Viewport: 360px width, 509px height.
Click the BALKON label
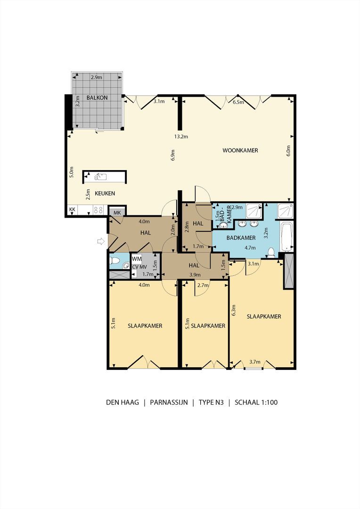point(97,98)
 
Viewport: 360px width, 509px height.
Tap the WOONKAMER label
point(240,150)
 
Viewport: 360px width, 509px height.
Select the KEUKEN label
point(105,193)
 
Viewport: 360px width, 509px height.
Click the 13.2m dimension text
point(181,137)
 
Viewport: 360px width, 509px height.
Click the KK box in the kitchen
point(72,210)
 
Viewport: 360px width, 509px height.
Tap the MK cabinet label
point(117,213)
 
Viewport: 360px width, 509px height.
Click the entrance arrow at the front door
point(101,241)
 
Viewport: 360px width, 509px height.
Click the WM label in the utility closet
point(137,259)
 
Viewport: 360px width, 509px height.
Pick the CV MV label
point(139,267)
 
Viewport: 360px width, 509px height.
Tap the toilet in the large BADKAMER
point(272,252)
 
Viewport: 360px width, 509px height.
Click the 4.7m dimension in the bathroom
point(250,248)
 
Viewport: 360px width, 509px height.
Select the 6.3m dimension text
point(234,310)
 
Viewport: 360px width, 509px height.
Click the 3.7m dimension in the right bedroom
point(255,361)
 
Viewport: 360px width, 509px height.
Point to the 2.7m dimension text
point(203,285)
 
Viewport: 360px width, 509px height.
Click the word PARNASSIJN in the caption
point(169,402)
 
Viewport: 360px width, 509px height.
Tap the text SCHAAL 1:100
point(256,402)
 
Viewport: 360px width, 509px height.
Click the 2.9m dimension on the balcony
point(97,77)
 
